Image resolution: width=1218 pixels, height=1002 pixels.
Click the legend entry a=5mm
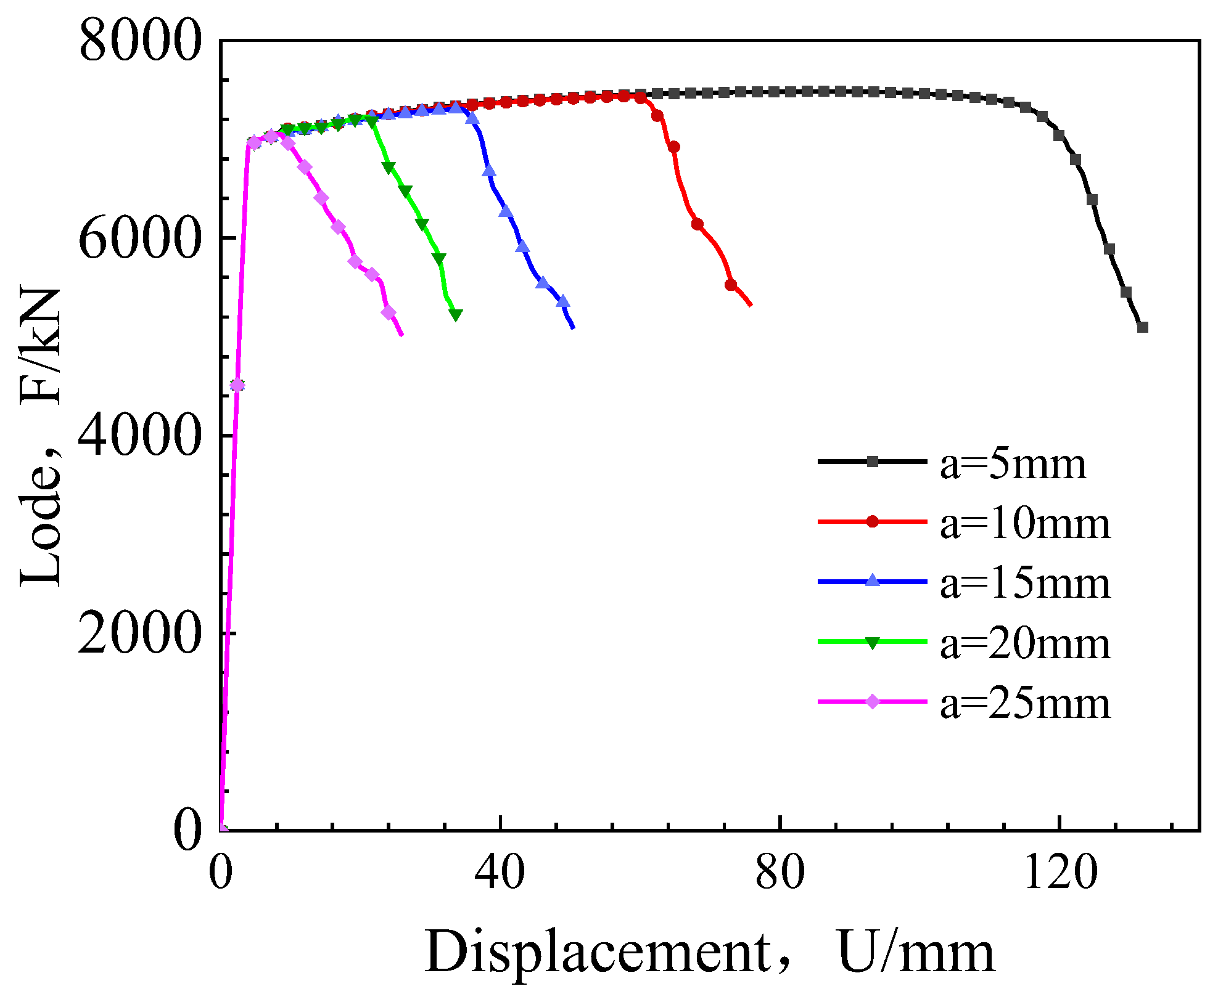coord(1013,465)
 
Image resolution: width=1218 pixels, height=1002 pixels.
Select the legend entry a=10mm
coord(1024,525)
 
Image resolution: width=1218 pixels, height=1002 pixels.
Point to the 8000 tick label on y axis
coord(141,41)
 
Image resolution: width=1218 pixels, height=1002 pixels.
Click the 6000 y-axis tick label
coord(141,239)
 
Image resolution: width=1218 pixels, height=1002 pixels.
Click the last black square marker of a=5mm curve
coord(1142,327)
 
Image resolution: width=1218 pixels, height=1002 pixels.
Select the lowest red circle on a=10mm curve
coord(731,285)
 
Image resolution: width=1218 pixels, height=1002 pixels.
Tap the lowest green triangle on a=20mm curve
coord(456,315)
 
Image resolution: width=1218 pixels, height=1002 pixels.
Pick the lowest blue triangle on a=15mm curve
coord(562,301)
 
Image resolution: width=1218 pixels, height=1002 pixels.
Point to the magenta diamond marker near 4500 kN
coord(237,385)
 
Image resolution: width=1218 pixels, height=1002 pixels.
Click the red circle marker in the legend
coord(872,521)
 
